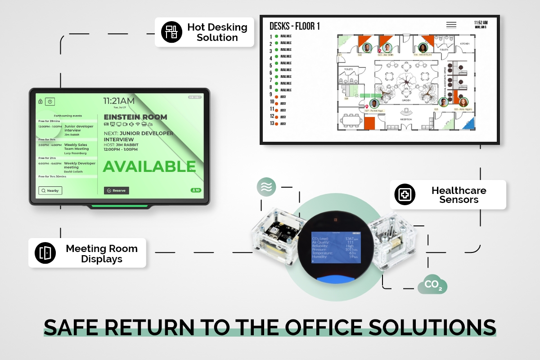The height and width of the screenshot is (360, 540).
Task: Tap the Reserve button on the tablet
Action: pyautogui.click(x=117, y=190)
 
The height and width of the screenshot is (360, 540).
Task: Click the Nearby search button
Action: pyautogui.click(x=50, y=190)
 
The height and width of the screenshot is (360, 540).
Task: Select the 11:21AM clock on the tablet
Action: pyautogui.click(x=119, y=101)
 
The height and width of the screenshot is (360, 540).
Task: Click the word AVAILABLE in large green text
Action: pyautogui.click(x=149, y=166)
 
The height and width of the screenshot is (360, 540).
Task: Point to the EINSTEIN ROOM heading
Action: pyautogui.click(x=135, y=117)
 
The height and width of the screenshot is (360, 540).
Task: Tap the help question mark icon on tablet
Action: pyautogui.click(x=50, y=102)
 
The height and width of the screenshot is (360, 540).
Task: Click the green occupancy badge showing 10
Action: pyautogui.click(x=196, y=190)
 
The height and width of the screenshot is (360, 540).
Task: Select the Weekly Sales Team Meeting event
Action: pyautogui.click(x=76, y=147)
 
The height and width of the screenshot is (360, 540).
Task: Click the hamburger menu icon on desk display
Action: pyautogui.click(x=451, y=25)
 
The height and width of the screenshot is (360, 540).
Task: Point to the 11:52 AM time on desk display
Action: pyautogui.click(x=481, y=22)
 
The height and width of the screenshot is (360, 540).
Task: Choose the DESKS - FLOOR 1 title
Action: pyautogui.click(x=294, y=26)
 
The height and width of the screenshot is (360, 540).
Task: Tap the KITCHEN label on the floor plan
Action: pyautogui.click(x=464, y=44)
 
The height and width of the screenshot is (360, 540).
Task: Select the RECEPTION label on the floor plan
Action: pyautogui.click(x=406, y=119)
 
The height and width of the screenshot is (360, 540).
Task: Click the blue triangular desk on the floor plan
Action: pyautogui.click(x=468, y=122)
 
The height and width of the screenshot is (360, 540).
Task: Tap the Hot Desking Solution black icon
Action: pyautogui.click(x=171, y=31)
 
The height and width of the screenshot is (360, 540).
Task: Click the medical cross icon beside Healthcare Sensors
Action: pyautogui.click(x=405, y=195)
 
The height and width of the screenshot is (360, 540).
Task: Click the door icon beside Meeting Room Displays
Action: pyautogui.click(x=45, y=253)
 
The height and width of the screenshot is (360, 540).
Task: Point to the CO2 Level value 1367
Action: pyautogui.click(x=350, y=238)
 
